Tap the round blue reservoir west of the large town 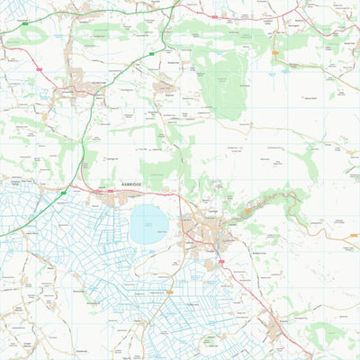[x=148, y=224]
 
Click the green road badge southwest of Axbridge [x=63, y=192]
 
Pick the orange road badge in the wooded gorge [x=248, y=210]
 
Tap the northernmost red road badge [x=215, y=15]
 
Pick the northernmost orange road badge [x=275, y=52]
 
